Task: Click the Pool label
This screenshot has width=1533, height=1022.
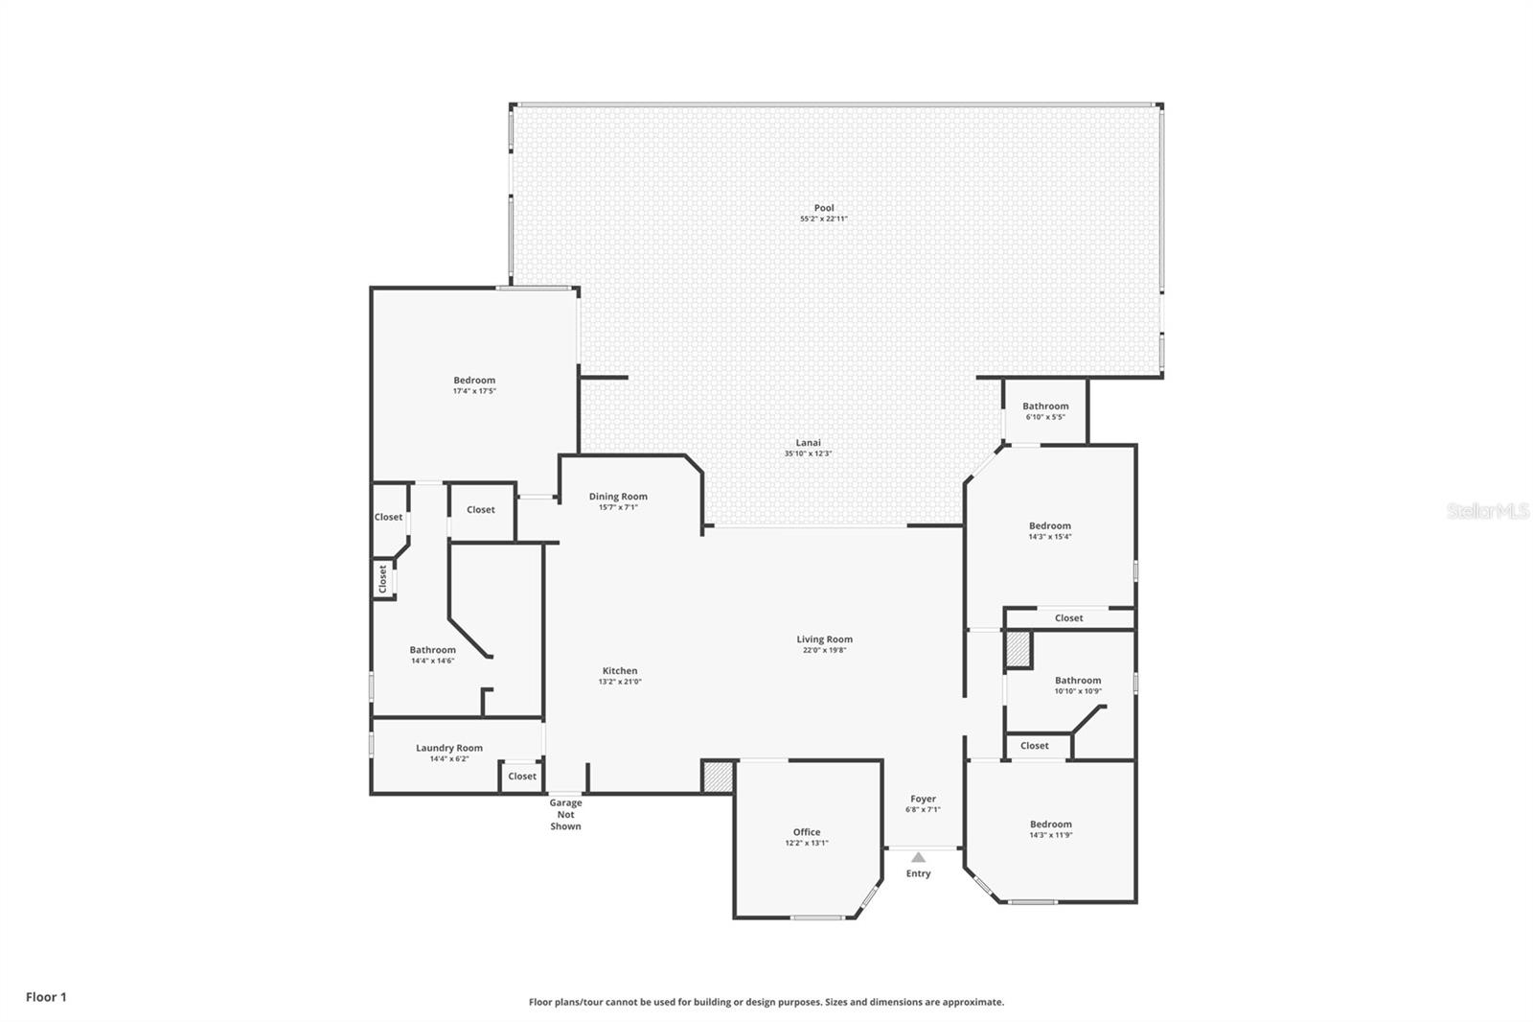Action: pyautogui.click(x=824, y=207)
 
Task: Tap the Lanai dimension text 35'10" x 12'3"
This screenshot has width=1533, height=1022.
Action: pyautogui.click(x=808, y=453)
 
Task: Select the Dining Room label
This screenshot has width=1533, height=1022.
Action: pyautogui.click(x=618, y=497)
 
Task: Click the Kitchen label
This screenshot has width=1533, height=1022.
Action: pyautogui.click(x=619, y=670)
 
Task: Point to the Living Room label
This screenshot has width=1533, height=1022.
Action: pyautogui.click(x=824, y=639)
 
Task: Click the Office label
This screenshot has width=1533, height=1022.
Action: pyautogui.click(x=807, y=832)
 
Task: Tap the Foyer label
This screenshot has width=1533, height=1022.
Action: pyautogui.click(x=923, y=799)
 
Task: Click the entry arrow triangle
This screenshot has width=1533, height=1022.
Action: pyautogui.click(x=919, y=857)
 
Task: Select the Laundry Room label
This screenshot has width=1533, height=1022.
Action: pyautogui.click(x=449, y=748)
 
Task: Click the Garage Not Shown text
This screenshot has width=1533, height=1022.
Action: pyautogui.click(x=565, y=815)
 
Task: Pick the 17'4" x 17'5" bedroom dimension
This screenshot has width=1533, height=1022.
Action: pyautogui.click(x=474, y=391)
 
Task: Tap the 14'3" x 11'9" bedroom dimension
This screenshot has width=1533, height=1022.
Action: pyautogui.click(x=1050, y=835)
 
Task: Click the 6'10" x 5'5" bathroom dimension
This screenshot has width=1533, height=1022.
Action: pyautogui.click(x=1045, y=417)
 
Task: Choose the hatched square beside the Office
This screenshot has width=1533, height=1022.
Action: pyautogui.click(x=718, y=777)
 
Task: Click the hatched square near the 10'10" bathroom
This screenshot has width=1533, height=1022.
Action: pyautogui.click(x=1018, y=649)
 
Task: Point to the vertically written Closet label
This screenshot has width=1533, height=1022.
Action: pyautogui.click(x=382, y=579)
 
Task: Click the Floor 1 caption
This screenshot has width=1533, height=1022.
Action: pyautogui.click(x=46, y=997)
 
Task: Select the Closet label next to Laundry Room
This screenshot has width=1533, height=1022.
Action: pyautogui.click(x=522, y=777)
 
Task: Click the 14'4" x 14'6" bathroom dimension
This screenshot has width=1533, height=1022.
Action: pyautogui.click(x=432, y=661)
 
